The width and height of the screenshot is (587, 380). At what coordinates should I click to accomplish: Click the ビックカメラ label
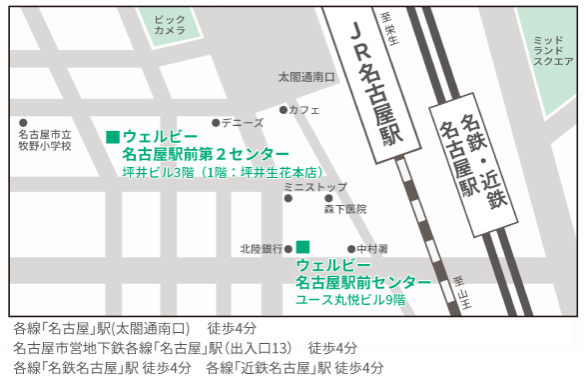click(170, 24)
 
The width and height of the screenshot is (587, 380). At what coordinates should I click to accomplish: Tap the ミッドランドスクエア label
click(553, 49)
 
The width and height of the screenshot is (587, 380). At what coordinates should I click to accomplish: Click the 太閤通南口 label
click(305, 77)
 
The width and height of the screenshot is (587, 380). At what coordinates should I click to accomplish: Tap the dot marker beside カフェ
click(283, 110)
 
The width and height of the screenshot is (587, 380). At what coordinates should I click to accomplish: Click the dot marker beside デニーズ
click(216, 123)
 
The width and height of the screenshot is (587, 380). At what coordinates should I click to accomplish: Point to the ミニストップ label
click(315, 187)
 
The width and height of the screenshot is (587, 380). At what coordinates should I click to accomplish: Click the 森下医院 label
click(344, 210)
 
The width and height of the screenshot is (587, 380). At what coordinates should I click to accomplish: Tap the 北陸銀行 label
click(262, 248)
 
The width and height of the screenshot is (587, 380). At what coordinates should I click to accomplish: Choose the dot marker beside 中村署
click(350, 248)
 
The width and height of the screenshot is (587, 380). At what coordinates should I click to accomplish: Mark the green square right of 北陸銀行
click(302, 246)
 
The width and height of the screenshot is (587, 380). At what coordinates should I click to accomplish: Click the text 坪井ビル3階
click(155, 172)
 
